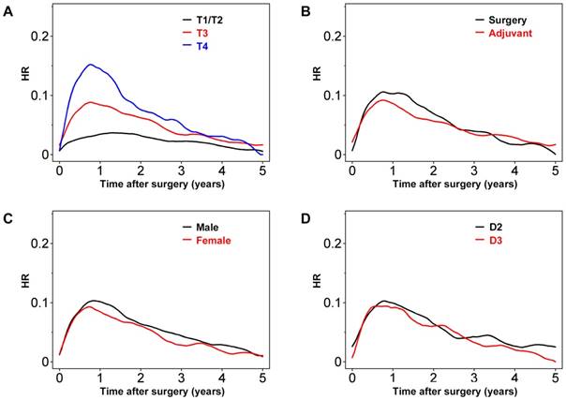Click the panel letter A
pyautogui.click(x=8, y=10)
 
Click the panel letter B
pyautogui.click(x=301, y=10)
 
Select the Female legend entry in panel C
pyautogui.click(x=214, y=240)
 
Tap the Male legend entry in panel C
pyautogui.click(x=209, y=226)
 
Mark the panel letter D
pyautogui.click(x=301, y=218)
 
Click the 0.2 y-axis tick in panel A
pyautogui.click(x=37, y=36)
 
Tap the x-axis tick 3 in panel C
pyautogui.click(x=182, y=378)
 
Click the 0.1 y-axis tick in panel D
pyautogui.click(x=330, y=303)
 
